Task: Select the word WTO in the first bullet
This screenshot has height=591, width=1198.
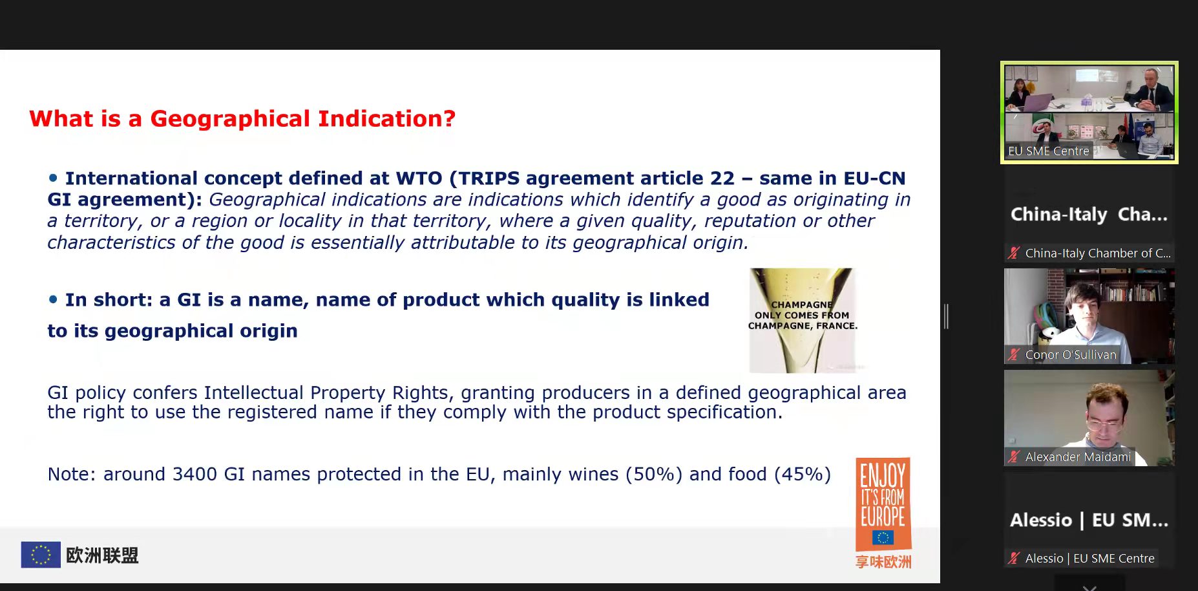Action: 419,178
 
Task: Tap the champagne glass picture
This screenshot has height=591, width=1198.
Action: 803,321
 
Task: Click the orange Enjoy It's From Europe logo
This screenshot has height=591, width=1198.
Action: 883,504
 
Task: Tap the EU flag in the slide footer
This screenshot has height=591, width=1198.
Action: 41,555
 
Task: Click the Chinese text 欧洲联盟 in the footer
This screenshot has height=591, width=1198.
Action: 102,555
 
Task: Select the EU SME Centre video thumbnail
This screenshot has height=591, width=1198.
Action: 1089,113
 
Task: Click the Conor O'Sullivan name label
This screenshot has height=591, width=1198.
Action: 1070,354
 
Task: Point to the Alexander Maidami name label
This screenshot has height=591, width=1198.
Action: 1078,457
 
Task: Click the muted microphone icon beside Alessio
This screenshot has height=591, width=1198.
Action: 1014,558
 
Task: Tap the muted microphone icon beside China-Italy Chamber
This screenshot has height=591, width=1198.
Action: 1014,253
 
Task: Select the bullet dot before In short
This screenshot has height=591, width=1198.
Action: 53,299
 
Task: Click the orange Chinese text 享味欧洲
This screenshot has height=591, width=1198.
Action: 883,562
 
